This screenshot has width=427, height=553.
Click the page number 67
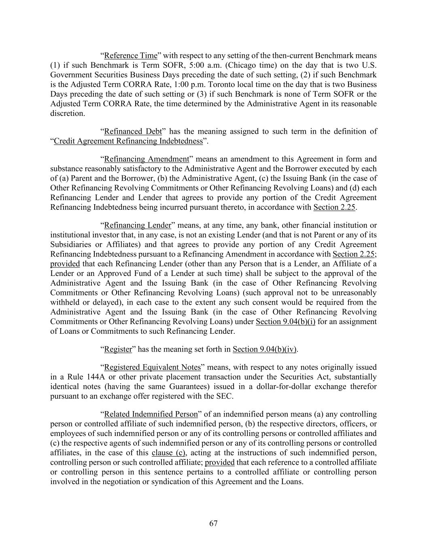213,523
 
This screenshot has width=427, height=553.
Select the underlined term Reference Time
130,56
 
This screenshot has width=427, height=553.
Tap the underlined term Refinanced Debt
133,131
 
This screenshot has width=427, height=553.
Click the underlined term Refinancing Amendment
147,159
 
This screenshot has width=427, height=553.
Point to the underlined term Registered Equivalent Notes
152,367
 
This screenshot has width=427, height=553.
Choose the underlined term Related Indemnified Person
151,414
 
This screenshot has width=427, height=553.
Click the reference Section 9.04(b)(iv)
265,349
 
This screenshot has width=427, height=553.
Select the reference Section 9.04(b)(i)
285,322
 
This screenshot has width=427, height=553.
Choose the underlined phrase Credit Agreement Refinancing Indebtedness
128,141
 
